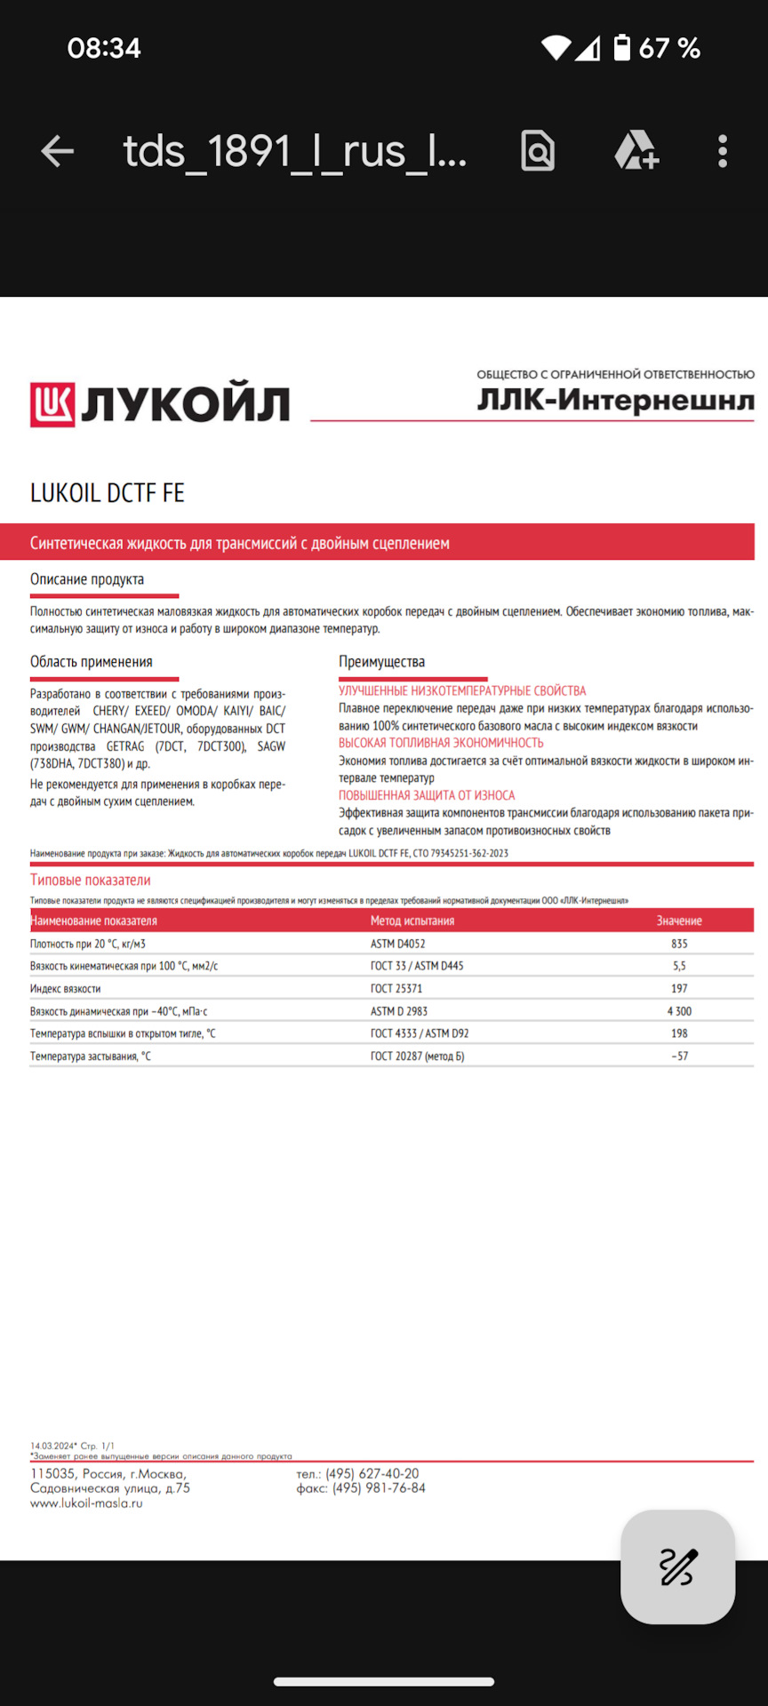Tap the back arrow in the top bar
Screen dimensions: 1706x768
coord(58,152)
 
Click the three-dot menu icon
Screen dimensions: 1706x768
coord(723,152)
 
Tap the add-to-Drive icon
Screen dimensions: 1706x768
coord(636,151)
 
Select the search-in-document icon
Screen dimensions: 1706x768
coord(538,152)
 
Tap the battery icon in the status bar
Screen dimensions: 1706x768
coord(622,48)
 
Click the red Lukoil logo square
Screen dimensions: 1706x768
coord(52,405)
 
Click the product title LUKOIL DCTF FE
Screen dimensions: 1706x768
coord(108,493)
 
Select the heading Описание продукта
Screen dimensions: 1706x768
coord(87,579)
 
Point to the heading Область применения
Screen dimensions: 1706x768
coord(92,662)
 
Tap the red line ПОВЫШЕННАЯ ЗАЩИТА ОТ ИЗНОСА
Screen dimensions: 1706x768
coord(427,795)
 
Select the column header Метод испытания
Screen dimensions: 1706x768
coord(412,921)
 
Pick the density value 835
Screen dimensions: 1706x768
coord(679,944)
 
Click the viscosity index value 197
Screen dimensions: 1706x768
coord(679,988)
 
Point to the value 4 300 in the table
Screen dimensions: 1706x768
coord(679,1011)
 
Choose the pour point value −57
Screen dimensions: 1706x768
coord(679,1056)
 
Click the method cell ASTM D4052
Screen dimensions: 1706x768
coord(398,944)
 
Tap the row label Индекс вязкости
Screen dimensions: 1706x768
coord(66,988)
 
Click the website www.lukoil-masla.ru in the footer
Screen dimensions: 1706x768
coord(86,1503)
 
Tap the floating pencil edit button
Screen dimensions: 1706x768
coord(677,1566)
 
